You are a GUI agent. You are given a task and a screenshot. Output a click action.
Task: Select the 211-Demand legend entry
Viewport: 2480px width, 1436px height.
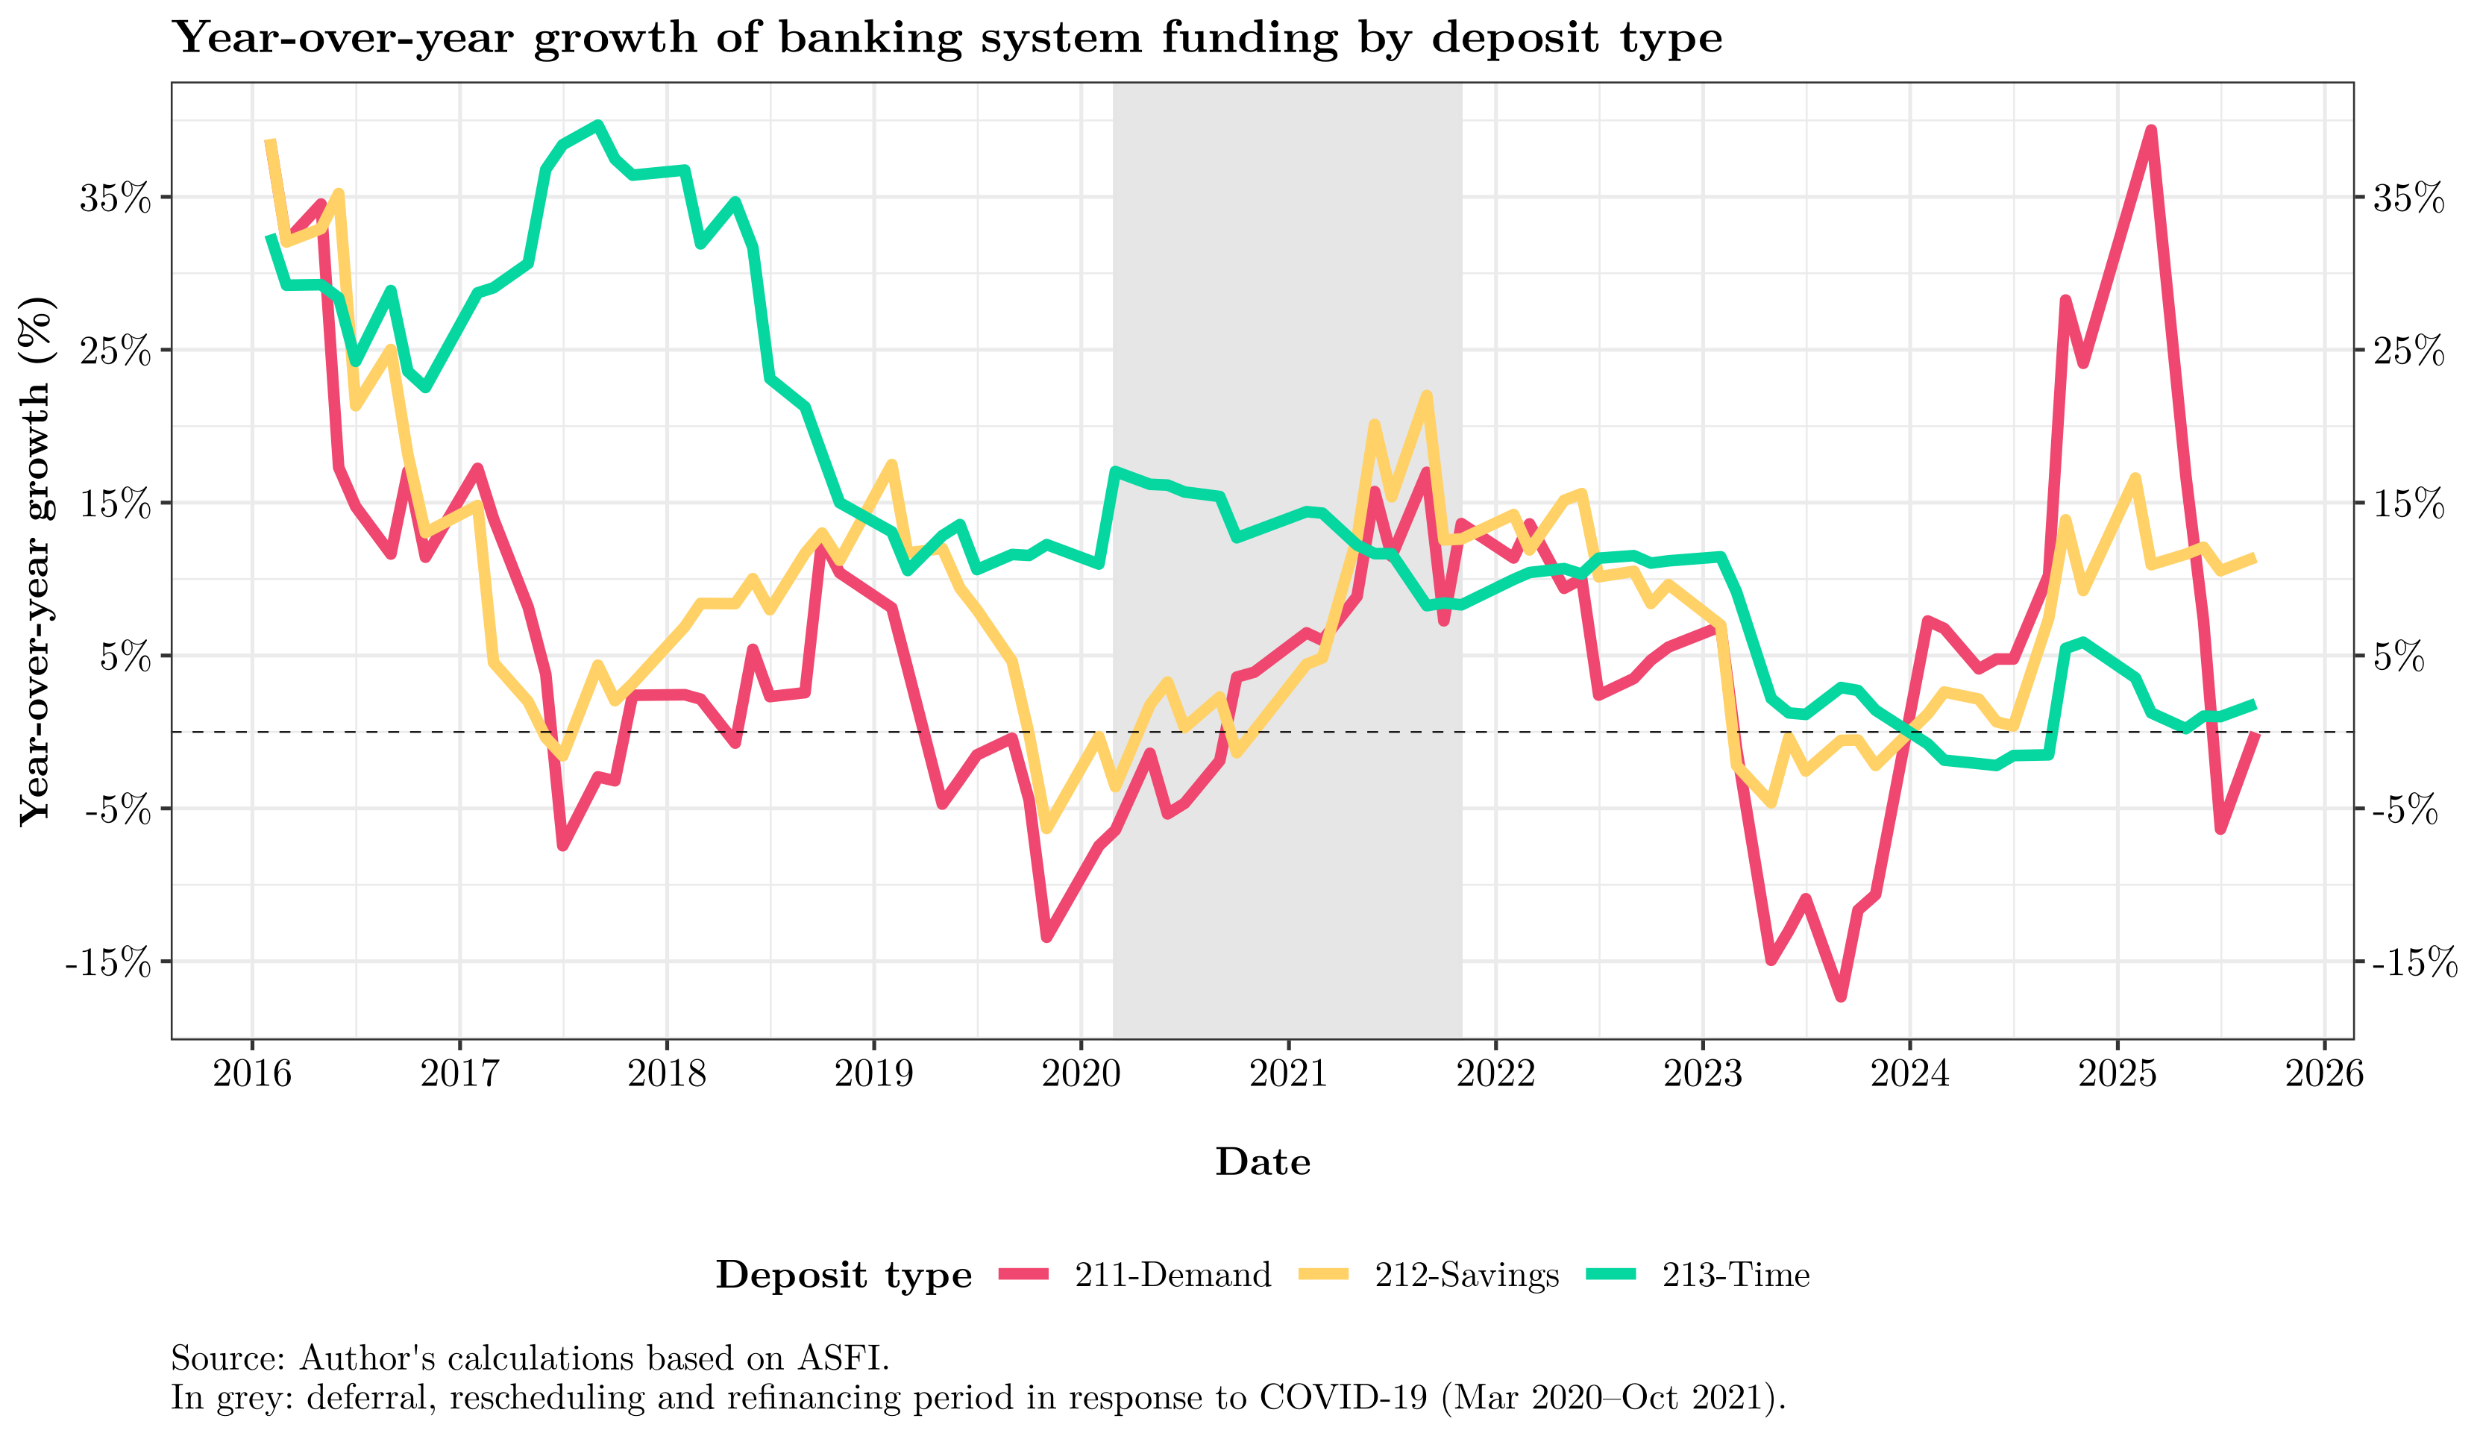point(1171,1275)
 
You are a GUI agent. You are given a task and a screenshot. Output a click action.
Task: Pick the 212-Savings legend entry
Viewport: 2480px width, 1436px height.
point(1466,1275)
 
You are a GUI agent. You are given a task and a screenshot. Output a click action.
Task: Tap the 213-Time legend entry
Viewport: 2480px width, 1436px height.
point(1735,1275)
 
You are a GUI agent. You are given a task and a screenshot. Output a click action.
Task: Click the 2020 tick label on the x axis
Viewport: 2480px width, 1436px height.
point(1081,1073)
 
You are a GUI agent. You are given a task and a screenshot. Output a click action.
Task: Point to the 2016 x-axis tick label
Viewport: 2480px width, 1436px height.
point(252,1073)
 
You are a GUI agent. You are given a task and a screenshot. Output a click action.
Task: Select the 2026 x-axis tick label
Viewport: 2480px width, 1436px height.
point(2323,1073)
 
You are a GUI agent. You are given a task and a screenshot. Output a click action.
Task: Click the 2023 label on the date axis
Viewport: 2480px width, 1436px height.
point(1703,1073)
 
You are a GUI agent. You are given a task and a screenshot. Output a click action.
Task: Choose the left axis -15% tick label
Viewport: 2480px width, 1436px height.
point(108,962)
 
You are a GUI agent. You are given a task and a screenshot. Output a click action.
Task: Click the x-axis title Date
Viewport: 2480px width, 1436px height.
point(1263,1162)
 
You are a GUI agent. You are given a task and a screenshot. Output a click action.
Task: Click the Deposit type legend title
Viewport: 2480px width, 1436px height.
point(844,1275)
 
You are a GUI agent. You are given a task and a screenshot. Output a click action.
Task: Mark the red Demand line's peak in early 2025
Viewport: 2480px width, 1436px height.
point(2151,130)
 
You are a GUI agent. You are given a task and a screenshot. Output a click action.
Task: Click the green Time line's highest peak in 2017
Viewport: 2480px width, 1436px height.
point(597,125)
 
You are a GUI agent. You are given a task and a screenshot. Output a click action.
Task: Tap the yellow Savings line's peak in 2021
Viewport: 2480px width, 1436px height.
point(1426,395)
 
